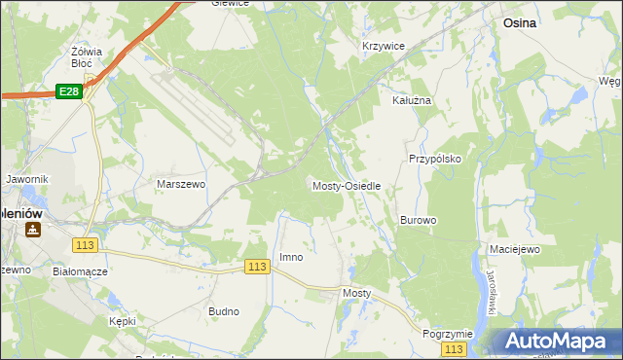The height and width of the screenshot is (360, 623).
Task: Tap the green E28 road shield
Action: [x=67, y=91]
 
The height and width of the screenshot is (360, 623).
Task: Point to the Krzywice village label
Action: [x=383, y=46]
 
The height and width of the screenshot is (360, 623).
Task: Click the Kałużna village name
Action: [x=411, y=100]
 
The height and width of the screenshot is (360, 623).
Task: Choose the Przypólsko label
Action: [x=434, y=158]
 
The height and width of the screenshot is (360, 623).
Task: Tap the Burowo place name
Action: [x=418, y=221]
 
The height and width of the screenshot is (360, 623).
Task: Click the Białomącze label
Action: [x=80, y=272]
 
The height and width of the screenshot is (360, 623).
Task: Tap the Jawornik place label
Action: [x=27, y=180]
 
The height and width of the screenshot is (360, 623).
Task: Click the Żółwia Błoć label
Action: [x=88, y=57]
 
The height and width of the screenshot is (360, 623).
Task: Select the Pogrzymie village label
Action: [x=448, y=334]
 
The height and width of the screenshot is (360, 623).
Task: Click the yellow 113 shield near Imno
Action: [x=257, y=267]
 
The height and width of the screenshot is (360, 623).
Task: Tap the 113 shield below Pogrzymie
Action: [x=453, y=348]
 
